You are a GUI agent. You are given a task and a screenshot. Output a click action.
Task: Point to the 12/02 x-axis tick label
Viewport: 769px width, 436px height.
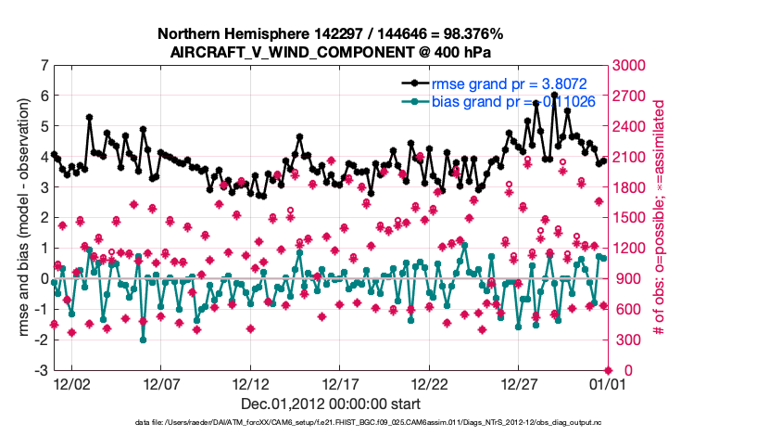pyautogui.click(x=71, y=383)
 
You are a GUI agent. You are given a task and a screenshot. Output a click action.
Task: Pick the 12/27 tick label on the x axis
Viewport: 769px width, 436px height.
pyautogui.click(x=520, y=383)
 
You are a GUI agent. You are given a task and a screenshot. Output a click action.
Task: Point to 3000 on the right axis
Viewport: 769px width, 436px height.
pyautogui.click(x=629, y=66)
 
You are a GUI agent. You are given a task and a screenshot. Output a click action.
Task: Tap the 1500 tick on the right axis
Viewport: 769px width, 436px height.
pyautogui.click(x=629, y=218)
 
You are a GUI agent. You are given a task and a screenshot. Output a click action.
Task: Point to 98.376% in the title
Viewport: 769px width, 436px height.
pyautogui.click(x=461, y=35)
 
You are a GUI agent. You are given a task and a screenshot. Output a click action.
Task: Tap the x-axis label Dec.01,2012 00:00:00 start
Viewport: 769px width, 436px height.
pyautogui.click(x=330, y=404)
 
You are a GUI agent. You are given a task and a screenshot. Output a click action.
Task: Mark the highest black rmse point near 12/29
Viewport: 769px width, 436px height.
pyautogui.click(x=554, y=95)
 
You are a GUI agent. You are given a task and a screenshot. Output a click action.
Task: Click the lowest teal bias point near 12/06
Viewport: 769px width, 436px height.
pyautogui.click(x=143, y=340)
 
